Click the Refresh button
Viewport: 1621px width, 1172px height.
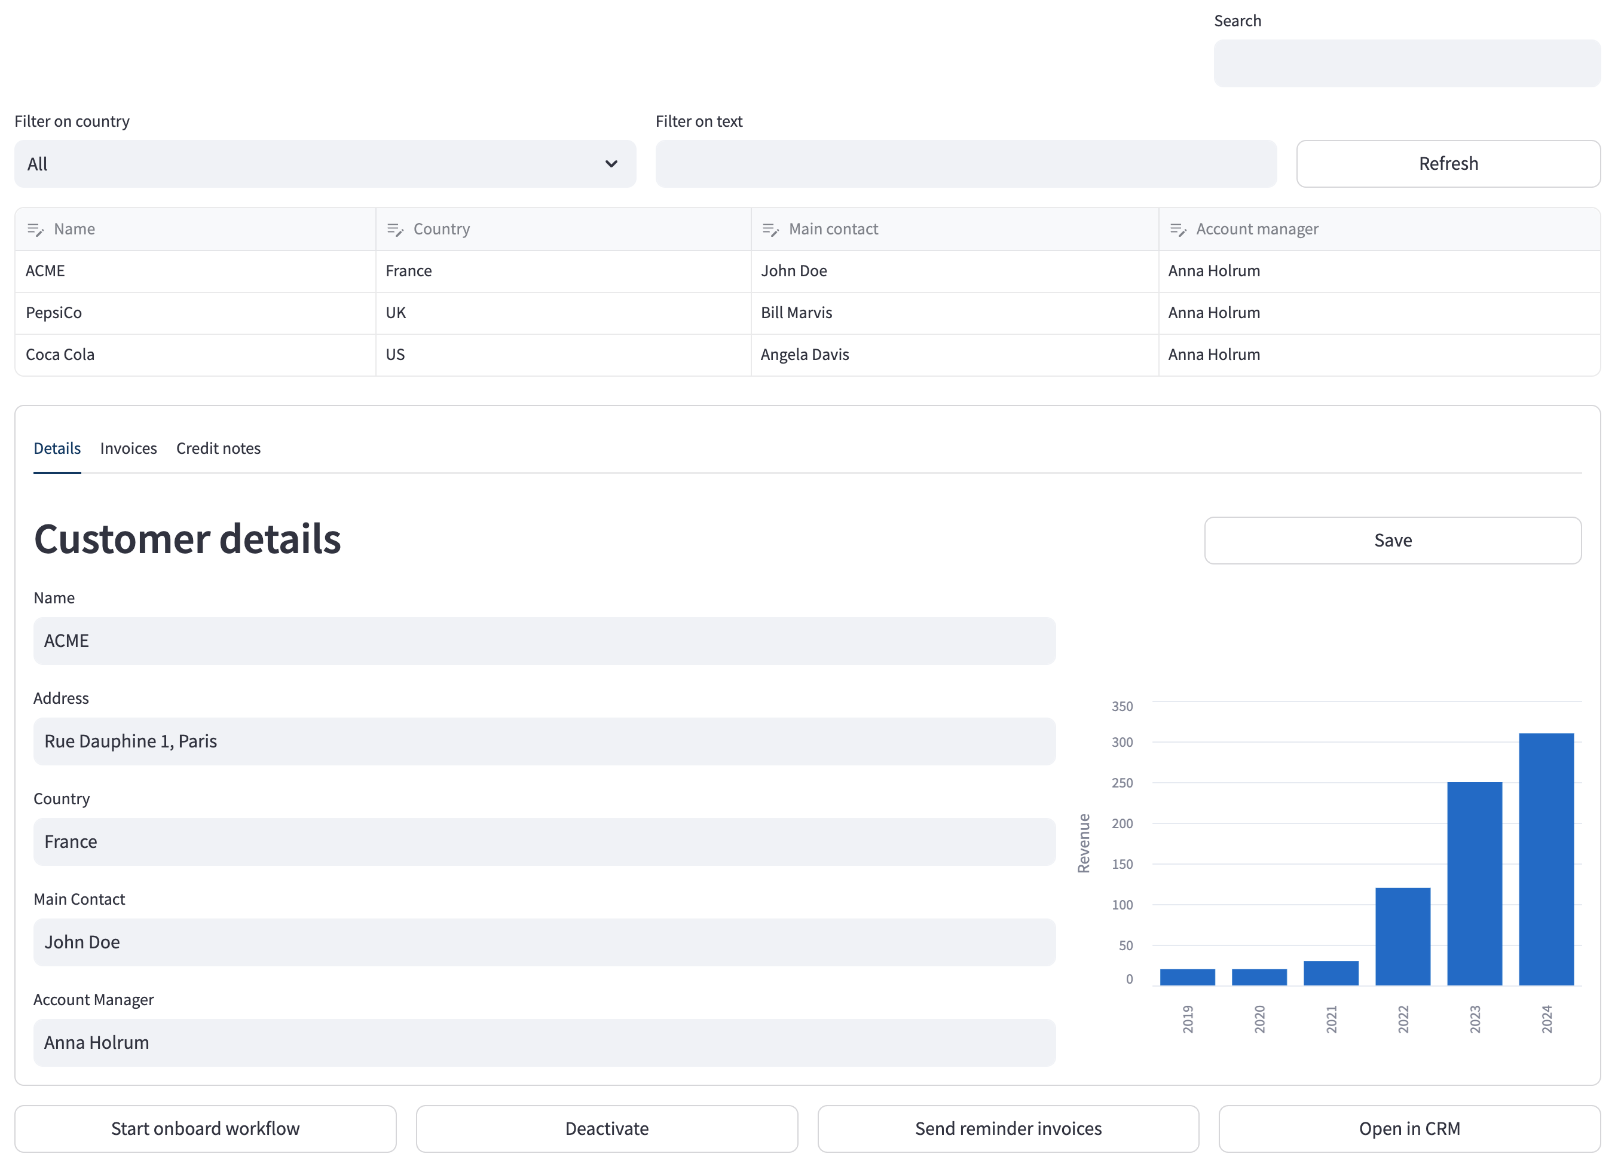click(1448, 164)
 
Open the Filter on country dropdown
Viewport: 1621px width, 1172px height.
click(325, 164)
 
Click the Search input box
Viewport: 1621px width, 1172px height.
click(1406, 63)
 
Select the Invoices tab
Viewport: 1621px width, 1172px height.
click(129, 448)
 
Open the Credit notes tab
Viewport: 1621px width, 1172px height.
click(219, 448)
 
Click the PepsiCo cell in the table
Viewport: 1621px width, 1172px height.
click(195, 313)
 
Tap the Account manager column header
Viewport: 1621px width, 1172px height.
click(1379, 229)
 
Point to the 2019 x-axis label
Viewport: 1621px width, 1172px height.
click(1188, 1019)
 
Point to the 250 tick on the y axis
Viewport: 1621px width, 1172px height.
click(1122, 783)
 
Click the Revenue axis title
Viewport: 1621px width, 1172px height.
click(1084, 843)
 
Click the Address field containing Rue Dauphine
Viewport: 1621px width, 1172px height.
click(545, 741)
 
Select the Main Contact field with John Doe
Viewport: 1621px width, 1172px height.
click(545, 942)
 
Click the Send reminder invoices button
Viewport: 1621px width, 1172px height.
click(1008, 1129)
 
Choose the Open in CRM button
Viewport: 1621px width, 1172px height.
click(1409, 1129)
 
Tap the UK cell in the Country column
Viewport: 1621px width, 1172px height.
click(563, 313)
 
